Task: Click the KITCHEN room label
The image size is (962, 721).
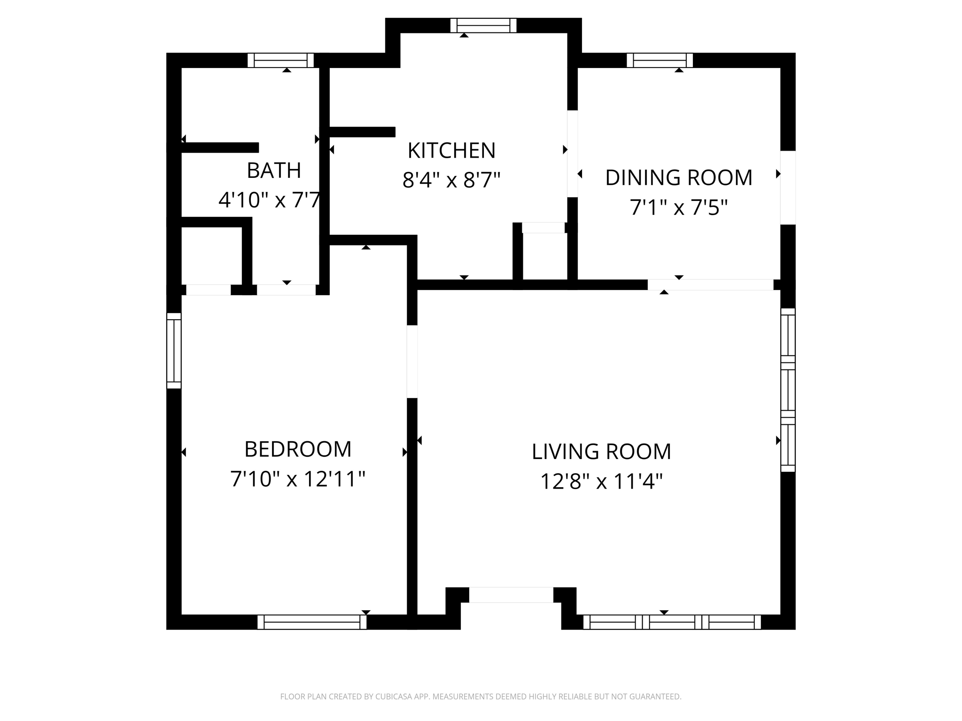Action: tap(451, 151)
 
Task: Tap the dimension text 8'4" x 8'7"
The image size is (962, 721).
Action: tap(451, 180)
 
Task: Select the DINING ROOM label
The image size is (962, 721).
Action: tap(679, 177)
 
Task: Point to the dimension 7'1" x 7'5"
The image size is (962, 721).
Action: tap(679, 207)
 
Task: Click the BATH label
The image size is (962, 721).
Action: tap(274, 170)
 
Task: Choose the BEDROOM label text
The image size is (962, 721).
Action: tap(298, 449)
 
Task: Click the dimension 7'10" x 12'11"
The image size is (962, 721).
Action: tap(298, 479)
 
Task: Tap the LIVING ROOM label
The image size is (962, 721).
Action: tap(601, 452)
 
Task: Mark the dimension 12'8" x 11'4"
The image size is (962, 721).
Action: tap(601, 481)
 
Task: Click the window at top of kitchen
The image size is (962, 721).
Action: tap(483, 25)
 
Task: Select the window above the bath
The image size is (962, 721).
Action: tap(280, 61)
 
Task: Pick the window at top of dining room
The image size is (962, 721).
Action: tap(659, 61)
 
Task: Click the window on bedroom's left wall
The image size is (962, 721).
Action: tap(174, 351)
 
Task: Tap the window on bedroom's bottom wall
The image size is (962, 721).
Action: tap(312, 622)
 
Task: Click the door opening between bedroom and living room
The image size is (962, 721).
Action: tap(412, 361)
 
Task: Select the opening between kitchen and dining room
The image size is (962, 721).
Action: tap(572, 153)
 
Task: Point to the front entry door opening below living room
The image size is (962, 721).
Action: tap(511, 595)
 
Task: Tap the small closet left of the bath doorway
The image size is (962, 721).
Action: tap(211, 256)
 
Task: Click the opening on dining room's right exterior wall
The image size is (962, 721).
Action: tap(788, 187)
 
